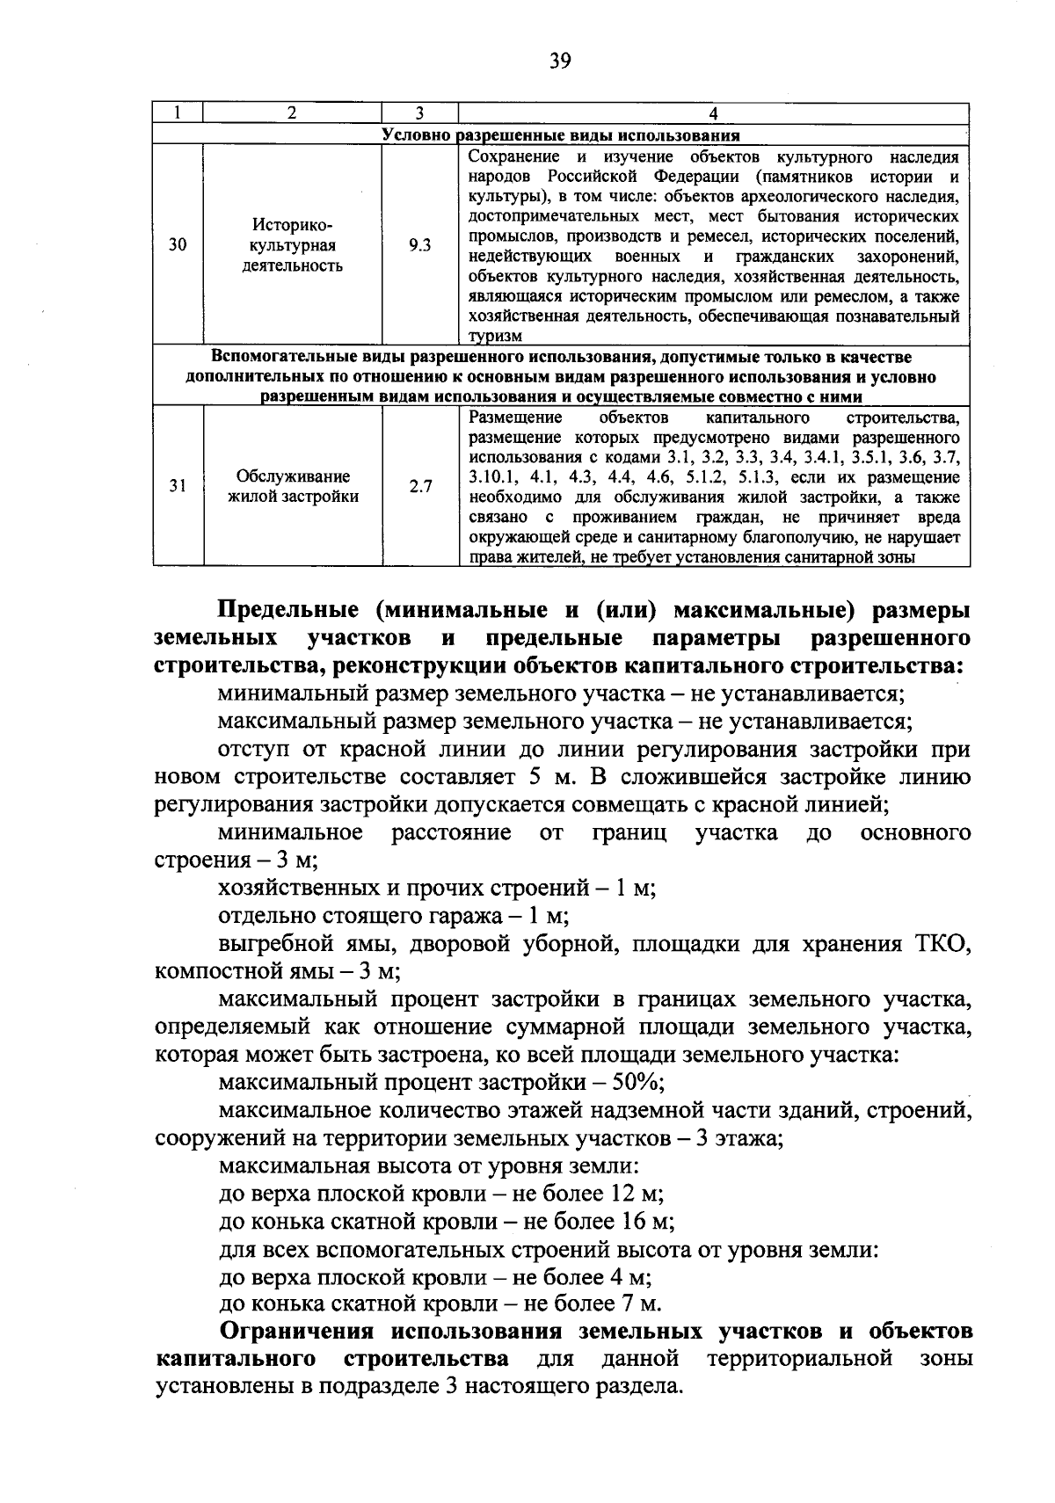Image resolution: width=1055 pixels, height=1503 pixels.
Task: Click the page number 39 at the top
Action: coord(560,60)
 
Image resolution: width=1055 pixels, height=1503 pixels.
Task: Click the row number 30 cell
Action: coord(178,246)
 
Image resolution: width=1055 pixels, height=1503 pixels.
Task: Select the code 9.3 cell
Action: coord(420,246)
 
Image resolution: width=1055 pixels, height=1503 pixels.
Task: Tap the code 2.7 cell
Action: coord(420,486)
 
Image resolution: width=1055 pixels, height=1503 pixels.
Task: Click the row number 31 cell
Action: coord(178,486)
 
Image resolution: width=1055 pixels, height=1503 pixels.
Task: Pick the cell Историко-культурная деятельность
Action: coord(293,246)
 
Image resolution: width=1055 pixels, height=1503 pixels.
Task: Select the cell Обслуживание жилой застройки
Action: coord(293,486)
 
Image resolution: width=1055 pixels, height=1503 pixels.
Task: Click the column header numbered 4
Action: coord(713,113)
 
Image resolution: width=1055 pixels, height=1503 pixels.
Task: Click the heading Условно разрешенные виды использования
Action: coord(561,135)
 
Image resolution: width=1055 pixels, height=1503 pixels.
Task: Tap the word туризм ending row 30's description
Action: coord(494,337)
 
